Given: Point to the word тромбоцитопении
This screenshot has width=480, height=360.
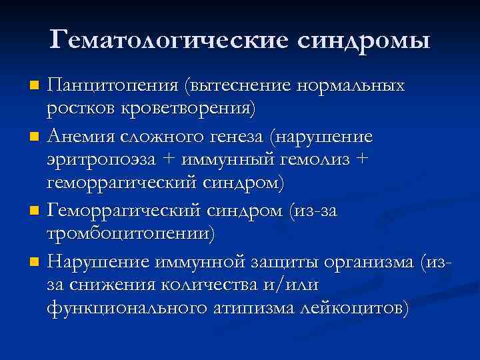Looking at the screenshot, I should pyautogui.click(x=131, y=235).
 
